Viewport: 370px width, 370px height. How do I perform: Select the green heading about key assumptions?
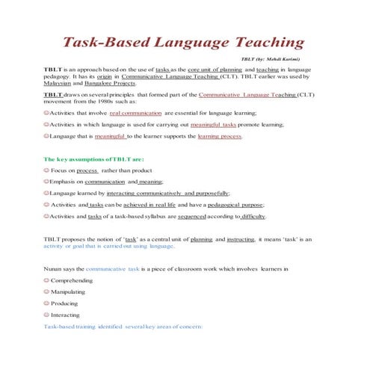[93, 160]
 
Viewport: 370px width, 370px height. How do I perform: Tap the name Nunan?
[54, 268]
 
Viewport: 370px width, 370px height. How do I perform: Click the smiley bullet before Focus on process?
[46, 170]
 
